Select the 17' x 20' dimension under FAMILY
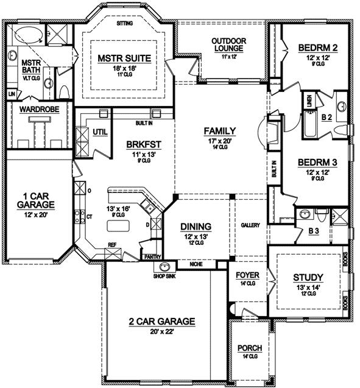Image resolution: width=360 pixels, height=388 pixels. pyautogui.click(x=219, y=140)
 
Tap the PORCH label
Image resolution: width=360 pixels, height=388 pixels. pyautogui.click(x=250, y=348)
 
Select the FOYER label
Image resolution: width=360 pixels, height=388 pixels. pyautogui.click(x=247, y=275)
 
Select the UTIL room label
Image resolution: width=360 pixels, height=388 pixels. pyautogui.click(x=100, y=131)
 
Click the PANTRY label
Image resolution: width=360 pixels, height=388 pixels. pyautogui.click(x=152, y=257)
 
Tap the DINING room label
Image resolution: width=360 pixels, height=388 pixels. pyautogui.click(x=196, y=225)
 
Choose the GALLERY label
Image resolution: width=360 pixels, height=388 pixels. pyautogui.click(x=250, y=225)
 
